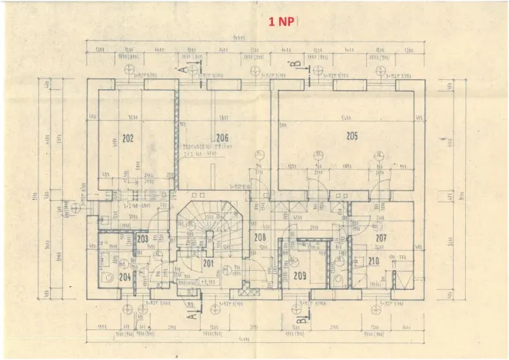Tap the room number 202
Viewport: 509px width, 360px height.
(x=129, y=138)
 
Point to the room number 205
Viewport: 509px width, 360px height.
(x=351, y=136)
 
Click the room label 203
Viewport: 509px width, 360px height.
(x=142, y=239)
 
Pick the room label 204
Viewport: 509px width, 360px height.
(x=125, y=276)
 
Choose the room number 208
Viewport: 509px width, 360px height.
(x=260, y=238)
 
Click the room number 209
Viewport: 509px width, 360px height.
(x=300, y=275)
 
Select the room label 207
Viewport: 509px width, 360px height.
(x=381, y=238)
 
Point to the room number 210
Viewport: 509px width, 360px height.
(x=373, y=262)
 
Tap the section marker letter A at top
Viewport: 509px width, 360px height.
(x=183, y=69)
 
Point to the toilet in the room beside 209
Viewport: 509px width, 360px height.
(x=338, y=278)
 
